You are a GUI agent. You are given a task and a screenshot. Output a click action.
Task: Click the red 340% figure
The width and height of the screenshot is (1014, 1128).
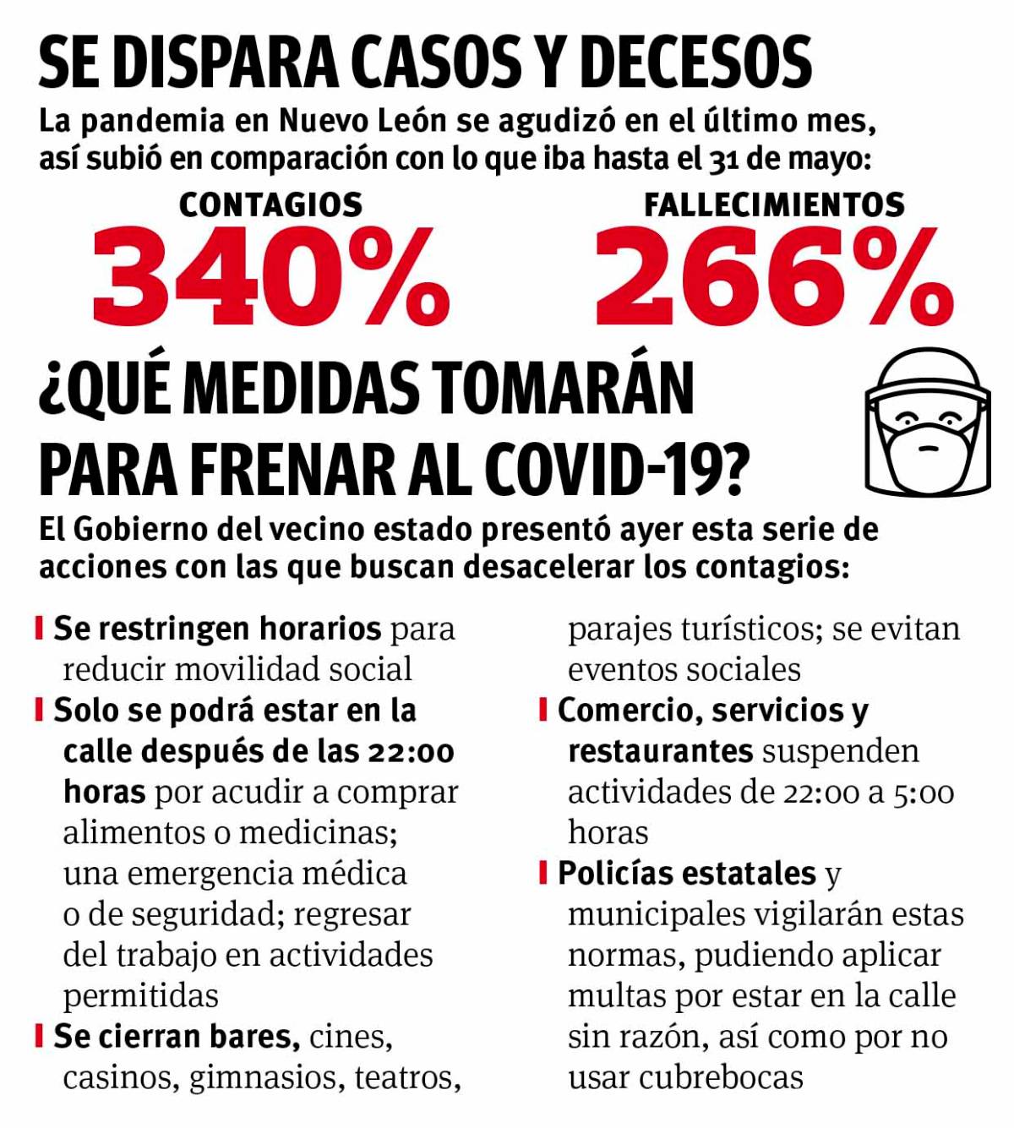pos(269,277)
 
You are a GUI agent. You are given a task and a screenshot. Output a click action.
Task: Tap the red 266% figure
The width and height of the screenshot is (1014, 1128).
pos(773,277)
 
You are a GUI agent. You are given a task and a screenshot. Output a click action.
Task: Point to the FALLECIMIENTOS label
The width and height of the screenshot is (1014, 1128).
pos(774,205)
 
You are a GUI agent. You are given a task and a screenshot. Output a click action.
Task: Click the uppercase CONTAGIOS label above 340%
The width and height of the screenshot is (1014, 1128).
pos(270,205)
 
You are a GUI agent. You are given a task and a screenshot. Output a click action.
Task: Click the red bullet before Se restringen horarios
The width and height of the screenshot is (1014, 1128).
pos(39,629)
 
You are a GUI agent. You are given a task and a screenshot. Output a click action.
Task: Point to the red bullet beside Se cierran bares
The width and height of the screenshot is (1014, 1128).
pos(39,1036)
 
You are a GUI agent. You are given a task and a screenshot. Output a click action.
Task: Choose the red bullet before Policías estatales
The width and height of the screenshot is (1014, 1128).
pos(543,873)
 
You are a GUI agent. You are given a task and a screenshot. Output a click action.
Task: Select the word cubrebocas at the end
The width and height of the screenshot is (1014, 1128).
pos(721,1077)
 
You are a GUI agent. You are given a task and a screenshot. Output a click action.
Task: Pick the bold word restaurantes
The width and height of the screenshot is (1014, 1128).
pos(660,751)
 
